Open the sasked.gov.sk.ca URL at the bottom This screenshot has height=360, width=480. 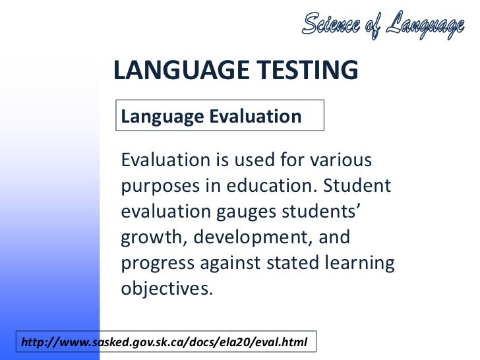coord(164,342)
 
